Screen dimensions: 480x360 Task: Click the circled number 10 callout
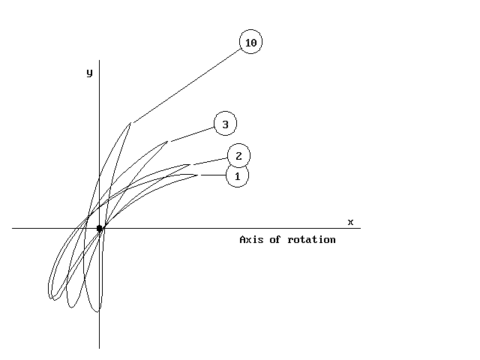[250, 42]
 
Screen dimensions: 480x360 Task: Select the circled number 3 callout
[225, 123]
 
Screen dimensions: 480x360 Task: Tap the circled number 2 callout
[238, 156]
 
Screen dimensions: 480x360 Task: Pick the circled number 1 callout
[237, 175]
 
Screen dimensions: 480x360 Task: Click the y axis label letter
[89, 73]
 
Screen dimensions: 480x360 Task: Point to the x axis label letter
[350, 222]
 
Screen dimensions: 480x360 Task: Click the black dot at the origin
[99, 228]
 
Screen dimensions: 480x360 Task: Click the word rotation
[312, 239]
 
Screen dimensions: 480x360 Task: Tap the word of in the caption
[275, 239]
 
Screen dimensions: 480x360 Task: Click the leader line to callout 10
[187, 86]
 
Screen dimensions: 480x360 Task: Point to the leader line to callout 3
[192, 134]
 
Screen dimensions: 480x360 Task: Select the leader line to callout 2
[210, 161]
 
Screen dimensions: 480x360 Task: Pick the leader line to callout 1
[213, 175]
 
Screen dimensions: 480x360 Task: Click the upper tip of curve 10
[130, 123]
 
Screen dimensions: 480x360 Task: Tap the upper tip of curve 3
[167, 142]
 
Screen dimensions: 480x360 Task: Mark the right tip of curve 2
[190, 165]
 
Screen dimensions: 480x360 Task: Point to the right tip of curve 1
[197, 175]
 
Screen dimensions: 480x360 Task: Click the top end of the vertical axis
[99, 60]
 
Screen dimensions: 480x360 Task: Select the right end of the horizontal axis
[361, 228]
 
